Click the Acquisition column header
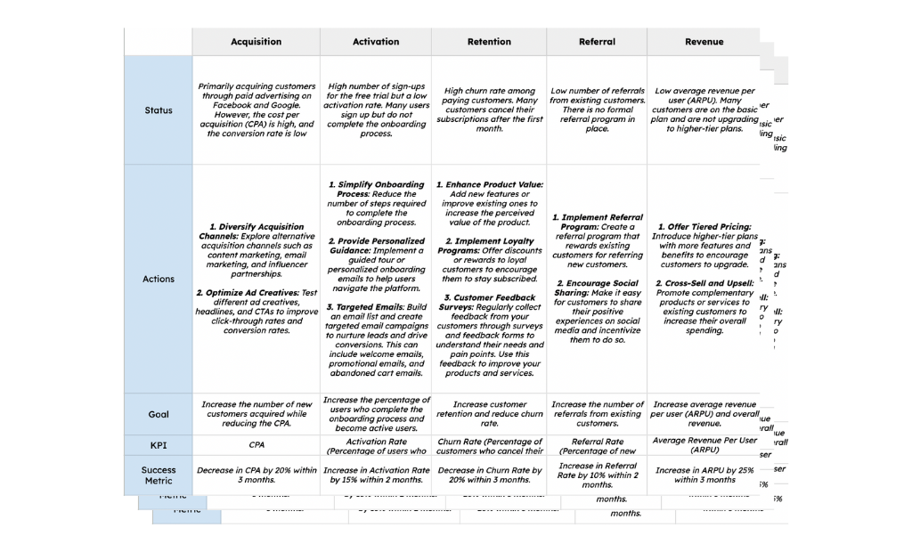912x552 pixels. click(x=256, y=42)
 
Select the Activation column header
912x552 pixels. click(x=376, y=42)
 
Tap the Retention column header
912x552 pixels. click(x=489, y=42)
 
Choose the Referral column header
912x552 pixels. click(x=597, y=42)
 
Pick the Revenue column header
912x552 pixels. click(x=704, y=42)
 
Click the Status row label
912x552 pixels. click(x=159, y=110)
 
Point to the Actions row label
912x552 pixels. click(x=159, y=279)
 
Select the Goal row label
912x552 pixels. click(x=159, y=414)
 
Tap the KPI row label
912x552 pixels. click(x=159, y=444)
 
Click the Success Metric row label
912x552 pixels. click(x=159, y=475)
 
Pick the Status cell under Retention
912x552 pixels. click(x=489, y=110)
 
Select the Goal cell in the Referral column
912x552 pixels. click(x=597, y=414)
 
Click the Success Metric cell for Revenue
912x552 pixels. click(x=704, y=475)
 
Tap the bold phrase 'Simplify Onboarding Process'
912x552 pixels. click(x=374, y=190)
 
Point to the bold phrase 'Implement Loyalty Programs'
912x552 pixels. click(x=489, y=246)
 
